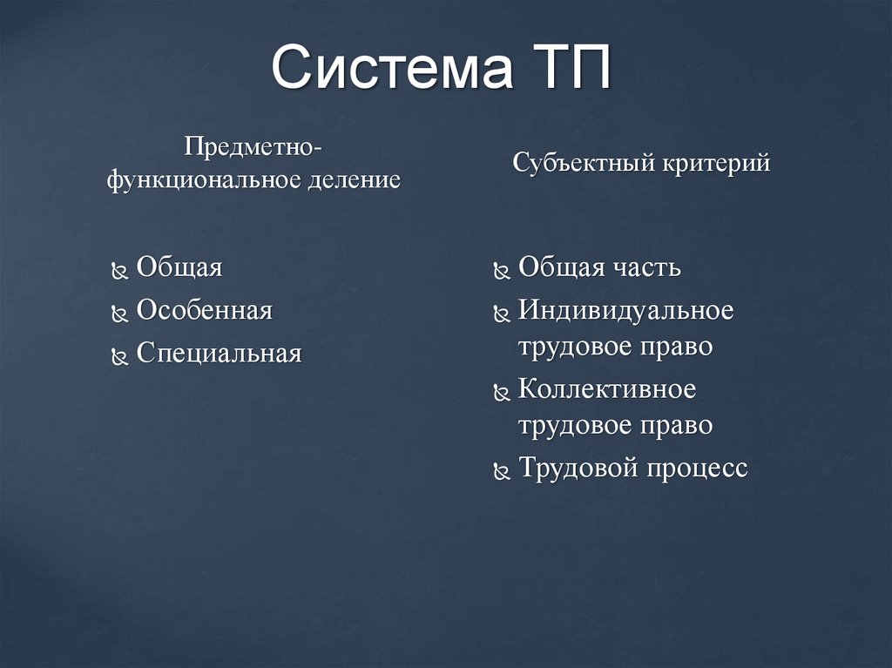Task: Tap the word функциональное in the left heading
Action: click(204, 180)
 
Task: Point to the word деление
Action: click(353, 180)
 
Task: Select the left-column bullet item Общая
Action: click(179, 267)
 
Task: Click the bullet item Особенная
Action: click(204, 310)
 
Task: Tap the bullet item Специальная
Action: click(219, 353)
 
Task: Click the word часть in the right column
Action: click(646, 267)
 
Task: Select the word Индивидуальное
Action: click(625, 310)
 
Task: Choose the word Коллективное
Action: click(607, 388)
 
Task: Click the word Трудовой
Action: click(578, 468)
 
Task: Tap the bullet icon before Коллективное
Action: click(501, 392)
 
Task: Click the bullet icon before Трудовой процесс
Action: click(501, 471)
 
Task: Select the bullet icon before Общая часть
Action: click(501, 271)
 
